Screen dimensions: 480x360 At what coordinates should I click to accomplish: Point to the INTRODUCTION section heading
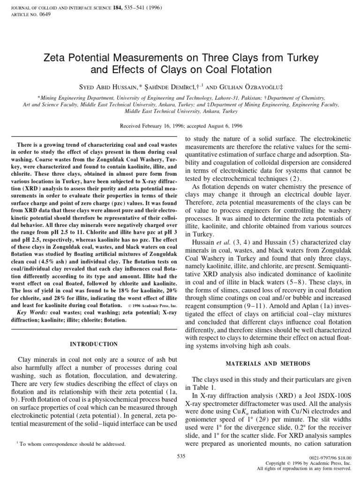94,344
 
